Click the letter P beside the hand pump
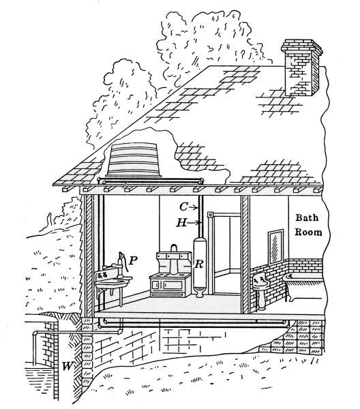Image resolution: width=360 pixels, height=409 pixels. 134,260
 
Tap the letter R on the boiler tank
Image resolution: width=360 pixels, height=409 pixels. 199,264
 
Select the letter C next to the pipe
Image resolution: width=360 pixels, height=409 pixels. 183,207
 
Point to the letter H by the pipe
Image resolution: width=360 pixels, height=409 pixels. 182,223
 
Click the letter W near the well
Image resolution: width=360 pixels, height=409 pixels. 67,366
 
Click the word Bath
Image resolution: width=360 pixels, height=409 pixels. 307,217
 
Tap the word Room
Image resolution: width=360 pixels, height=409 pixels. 308,232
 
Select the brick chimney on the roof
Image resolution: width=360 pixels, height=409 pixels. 301,67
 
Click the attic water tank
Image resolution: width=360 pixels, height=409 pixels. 134,160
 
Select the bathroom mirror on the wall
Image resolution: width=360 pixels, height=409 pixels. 275,246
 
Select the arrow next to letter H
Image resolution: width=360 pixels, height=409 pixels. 194,223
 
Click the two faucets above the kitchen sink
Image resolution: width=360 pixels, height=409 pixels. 102,274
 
